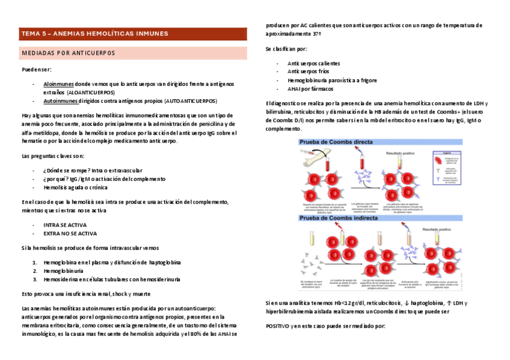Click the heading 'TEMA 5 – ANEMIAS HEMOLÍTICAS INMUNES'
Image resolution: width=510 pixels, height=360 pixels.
pyautogui.click(x=94, y=34)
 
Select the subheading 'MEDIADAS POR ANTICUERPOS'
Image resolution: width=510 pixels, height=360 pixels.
pyautogui.click(x=68, y=53)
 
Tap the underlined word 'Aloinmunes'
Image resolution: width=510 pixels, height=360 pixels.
pyautogui.click(x=58, y=85)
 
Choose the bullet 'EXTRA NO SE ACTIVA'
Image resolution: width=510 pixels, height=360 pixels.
pyautogui.click(x=70, y=233)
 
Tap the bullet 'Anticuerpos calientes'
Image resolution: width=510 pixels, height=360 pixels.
pyautogui.click(x=314, y=63)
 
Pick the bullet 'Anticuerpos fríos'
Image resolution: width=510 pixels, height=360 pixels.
pyautogui.click(x=308, y=72)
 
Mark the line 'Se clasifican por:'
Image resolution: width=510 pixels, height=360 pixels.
pyautogui.click(x=286, y=49)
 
